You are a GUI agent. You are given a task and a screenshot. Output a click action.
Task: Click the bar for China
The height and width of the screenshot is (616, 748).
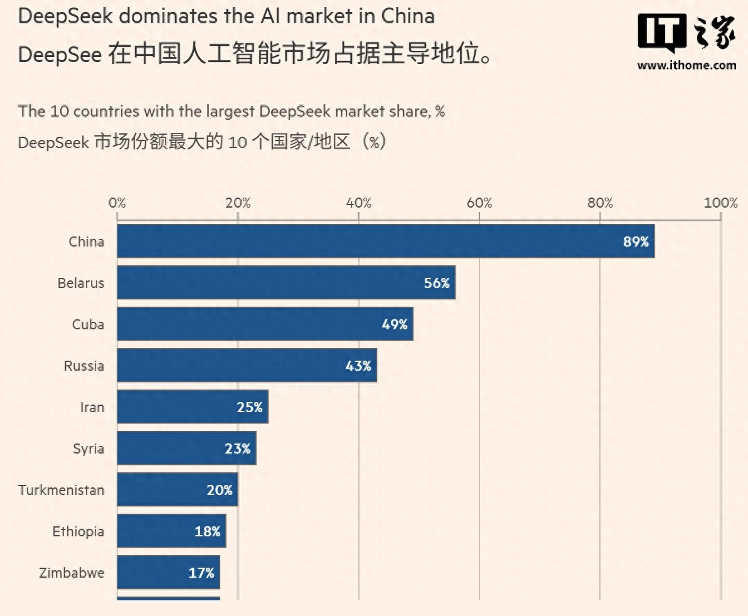point(377,242)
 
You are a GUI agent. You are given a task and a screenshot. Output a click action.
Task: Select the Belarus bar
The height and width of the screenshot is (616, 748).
point(276,283)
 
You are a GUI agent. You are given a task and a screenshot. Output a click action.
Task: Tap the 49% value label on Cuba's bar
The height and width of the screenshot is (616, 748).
point(394,324)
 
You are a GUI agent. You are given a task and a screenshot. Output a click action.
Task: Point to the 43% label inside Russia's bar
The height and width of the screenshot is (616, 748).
point(358,366)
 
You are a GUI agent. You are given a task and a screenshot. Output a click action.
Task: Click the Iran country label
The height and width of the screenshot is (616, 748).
point(92,407)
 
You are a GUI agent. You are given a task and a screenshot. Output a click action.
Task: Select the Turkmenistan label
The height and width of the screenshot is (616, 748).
point(61,490)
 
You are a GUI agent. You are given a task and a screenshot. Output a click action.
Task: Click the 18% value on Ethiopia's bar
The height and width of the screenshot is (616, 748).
point(207,531)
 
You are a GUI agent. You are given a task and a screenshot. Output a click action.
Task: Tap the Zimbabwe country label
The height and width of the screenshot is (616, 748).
point(72,573)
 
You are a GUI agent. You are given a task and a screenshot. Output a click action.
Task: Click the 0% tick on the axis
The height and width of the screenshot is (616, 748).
point(117,203)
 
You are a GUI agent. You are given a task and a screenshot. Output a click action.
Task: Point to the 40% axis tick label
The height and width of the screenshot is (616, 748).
point(359,203)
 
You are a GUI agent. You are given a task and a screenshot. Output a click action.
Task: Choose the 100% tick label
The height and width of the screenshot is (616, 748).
point(720,203)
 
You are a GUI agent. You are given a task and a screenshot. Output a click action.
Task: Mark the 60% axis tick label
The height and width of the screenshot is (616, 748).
point(479,203)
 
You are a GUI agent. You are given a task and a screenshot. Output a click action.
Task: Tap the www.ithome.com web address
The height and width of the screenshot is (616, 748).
point(687,65)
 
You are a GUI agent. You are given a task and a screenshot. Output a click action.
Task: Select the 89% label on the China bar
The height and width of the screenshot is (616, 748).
point(636,242)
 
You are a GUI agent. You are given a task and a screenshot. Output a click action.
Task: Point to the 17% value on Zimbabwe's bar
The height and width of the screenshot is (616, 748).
point(201,573)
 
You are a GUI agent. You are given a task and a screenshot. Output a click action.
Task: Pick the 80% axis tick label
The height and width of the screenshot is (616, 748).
point(600,203)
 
